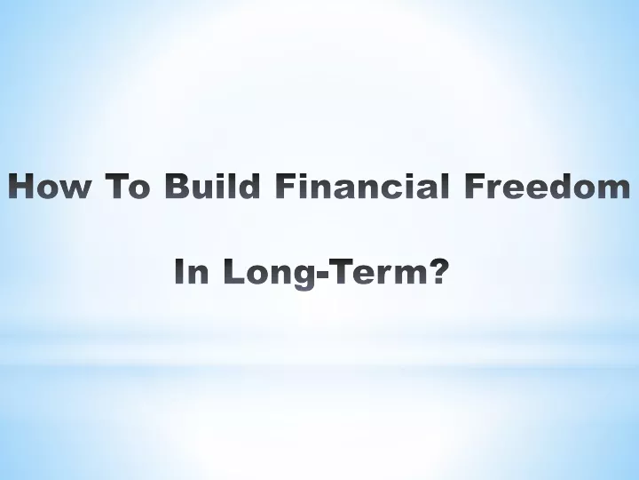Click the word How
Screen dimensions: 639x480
pyautogui.click(x=49, y=186)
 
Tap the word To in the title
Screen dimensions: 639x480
pyautogui.click(x=128, y=186)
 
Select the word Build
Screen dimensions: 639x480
pyautogui.click(x=212, y=185)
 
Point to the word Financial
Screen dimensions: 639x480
pyautogui.click(x=362, y=185)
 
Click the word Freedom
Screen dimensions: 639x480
pyautogui.click(x=548, y=185)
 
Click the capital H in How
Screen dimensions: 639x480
pyautogui.click(x=21, y=186)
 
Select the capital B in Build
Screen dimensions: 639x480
pyautogui.click(x=178, y=186)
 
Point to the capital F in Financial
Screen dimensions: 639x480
pyautogui.click(x=287, y=186)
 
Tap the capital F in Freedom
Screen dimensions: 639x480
pyautogui.click(x=476, y=186)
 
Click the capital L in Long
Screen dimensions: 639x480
pyautogui.click(x=235, y=271)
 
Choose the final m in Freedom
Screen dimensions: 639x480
pyautogui.click(x=613, y=189)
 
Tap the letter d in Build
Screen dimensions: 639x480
pyautogui.click(x=248, y=185)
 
